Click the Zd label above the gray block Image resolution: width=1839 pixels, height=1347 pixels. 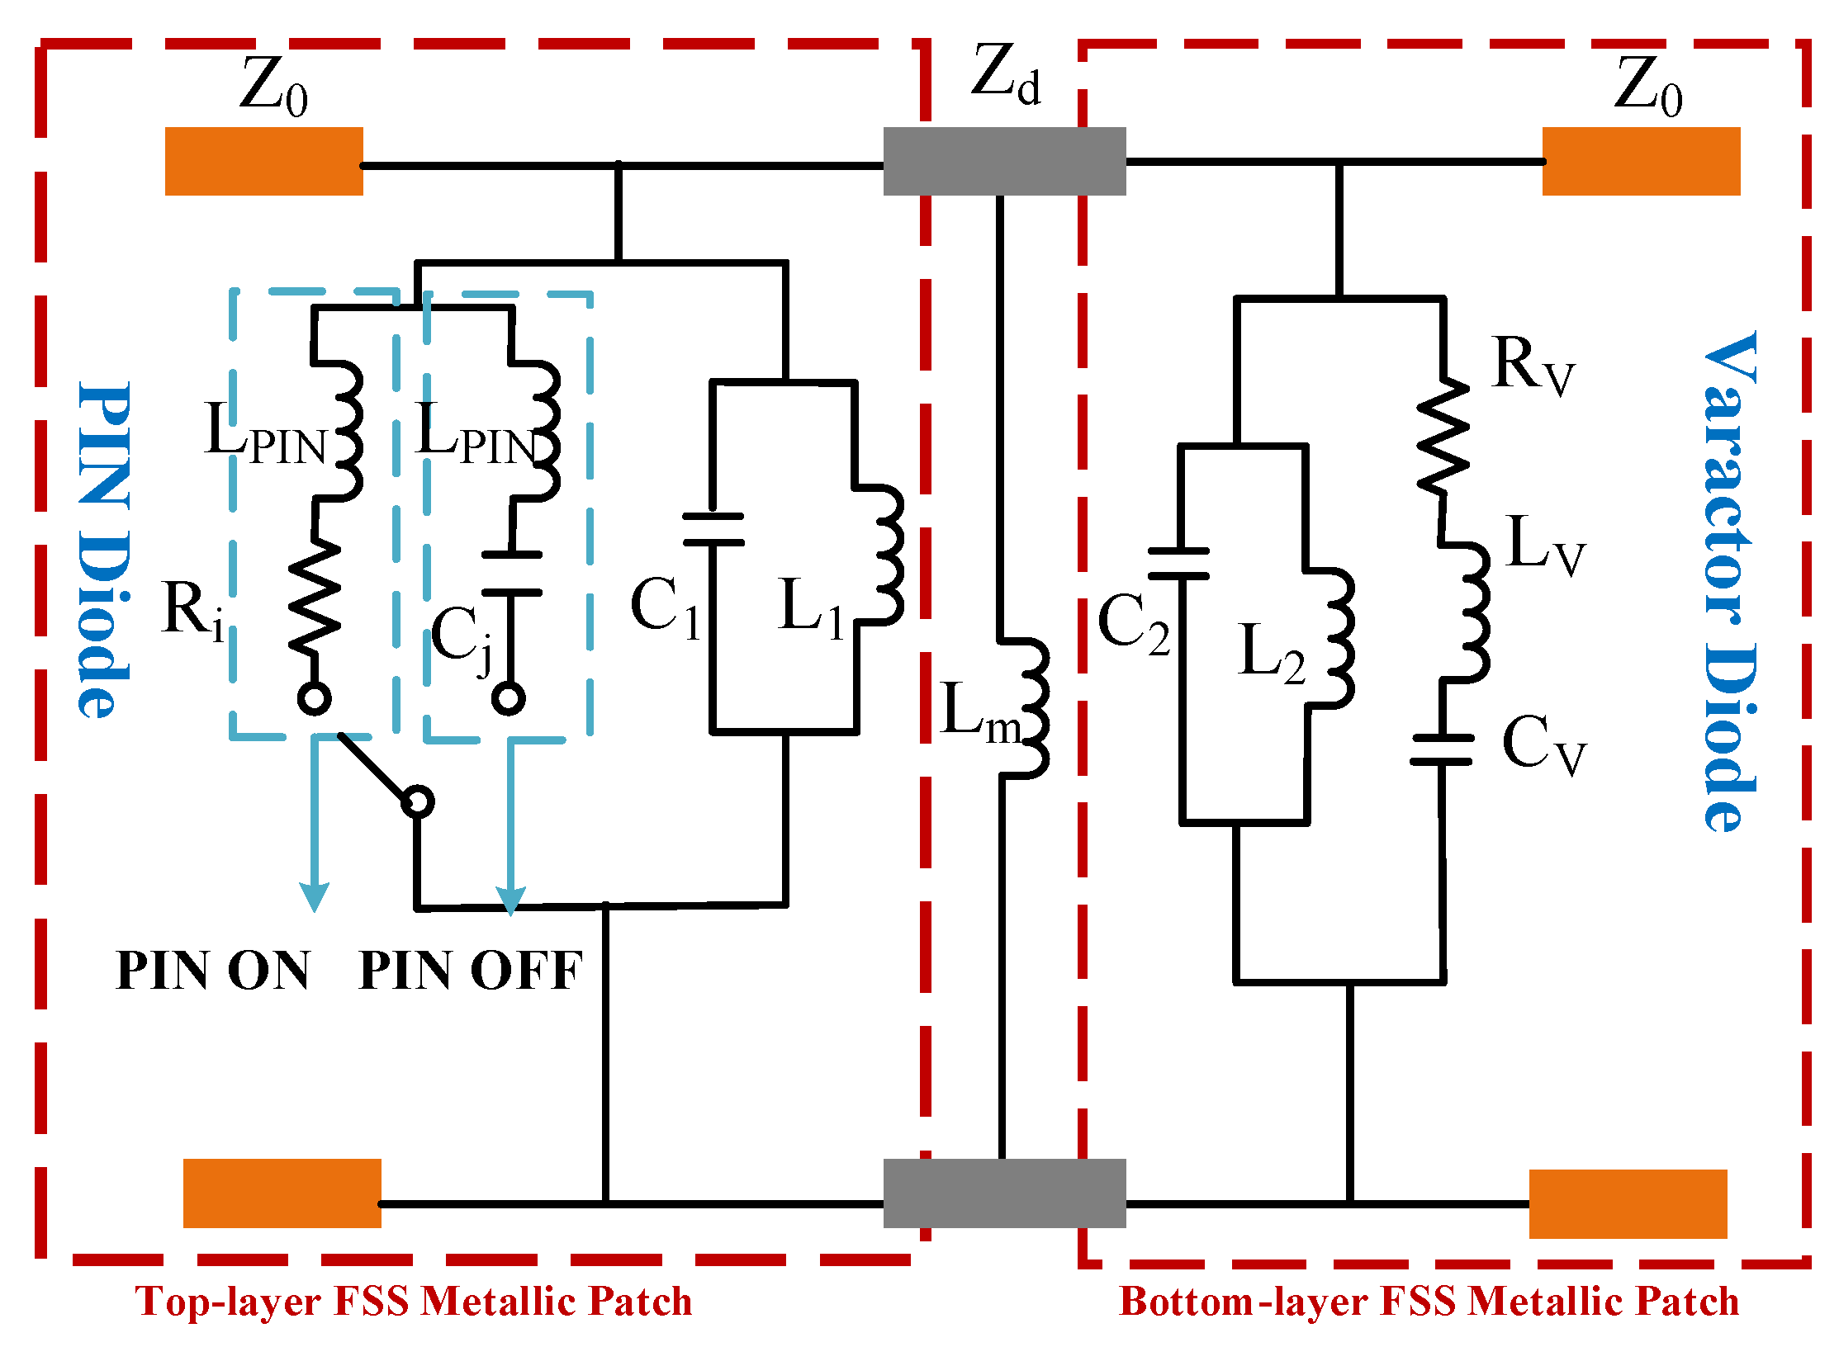1005,74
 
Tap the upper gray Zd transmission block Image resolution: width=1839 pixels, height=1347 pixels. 1004,161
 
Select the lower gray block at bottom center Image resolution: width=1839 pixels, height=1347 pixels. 1004,1193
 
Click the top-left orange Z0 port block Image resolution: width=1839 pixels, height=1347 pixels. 263,161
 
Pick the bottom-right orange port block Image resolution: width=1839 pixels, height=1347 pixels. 1628,1203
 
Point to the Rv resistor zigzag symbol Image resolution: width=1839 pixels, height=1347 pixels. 1443,437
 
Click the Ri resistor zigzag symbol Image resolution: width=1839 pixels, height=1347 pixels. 315,598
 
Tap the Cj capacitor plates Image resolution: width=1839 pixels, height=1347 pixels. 512,574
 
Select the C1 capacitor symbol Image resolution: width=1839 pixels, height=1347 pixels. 713,530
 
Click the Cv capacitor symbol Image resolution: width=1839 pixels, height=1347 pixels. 1442,749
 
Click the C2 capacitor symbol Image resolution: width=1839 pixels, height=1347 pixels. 1179,564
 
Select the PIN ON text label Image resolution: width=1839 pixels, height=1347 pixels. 213,971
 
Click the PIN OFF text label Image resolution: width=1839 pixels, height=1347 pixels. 471,971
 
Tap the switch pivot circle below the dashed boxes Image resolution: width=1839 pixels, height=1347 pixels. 418,801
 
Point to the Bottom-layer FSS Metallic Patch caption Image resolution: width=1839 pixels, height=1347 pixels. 1428,1302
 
